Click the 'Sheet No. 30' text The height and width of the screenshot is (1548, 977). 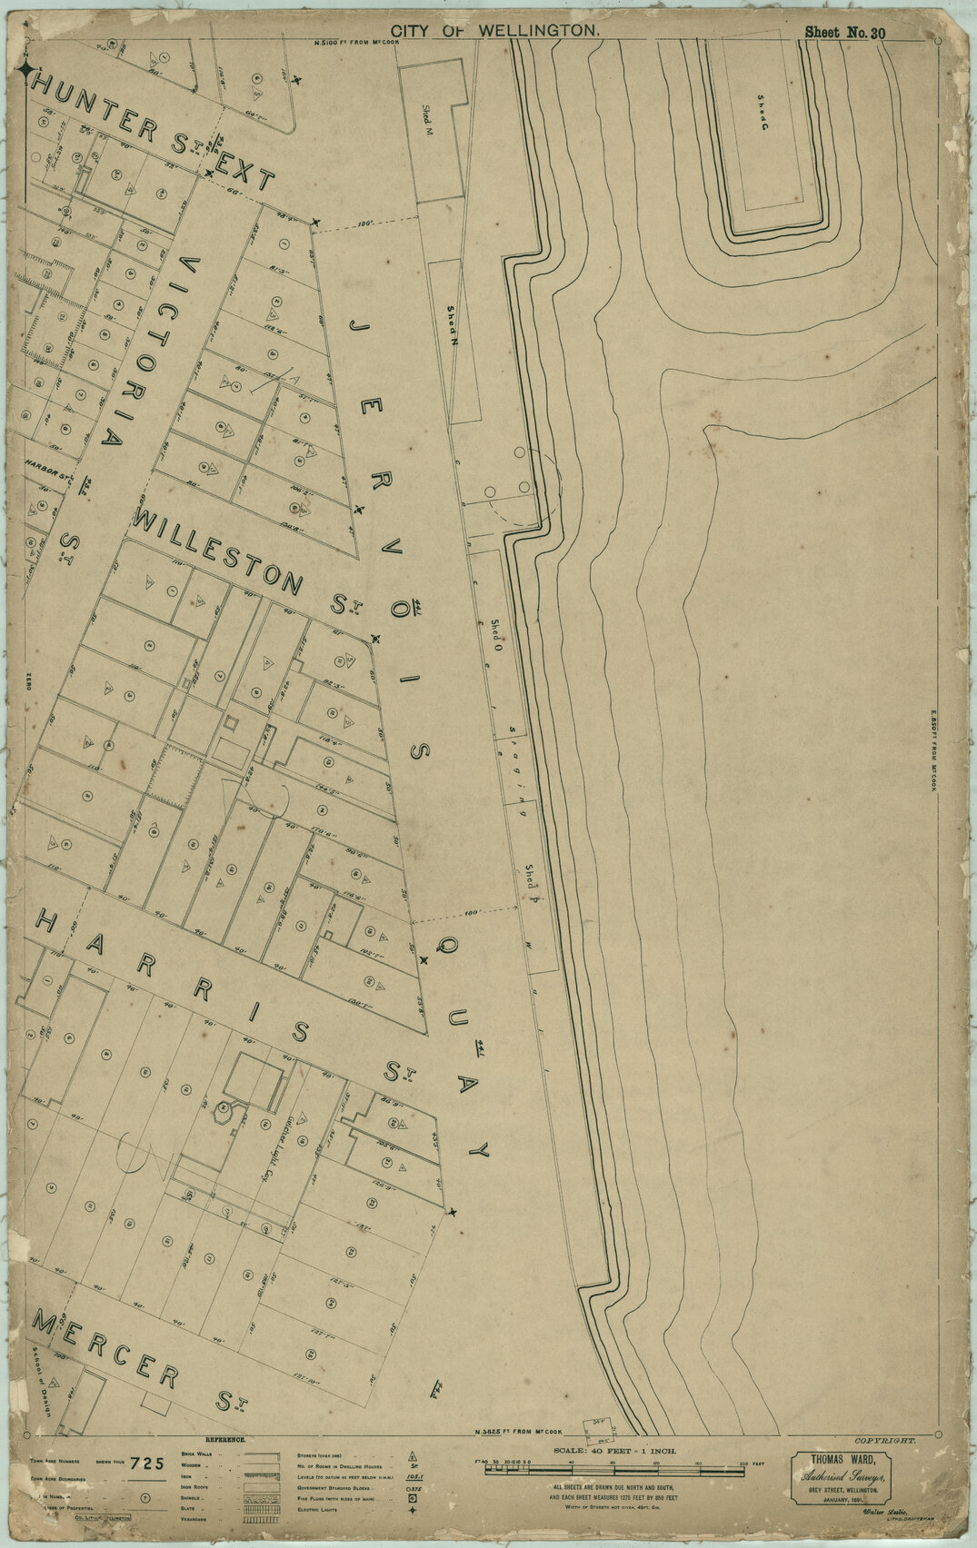(x=844, y=33)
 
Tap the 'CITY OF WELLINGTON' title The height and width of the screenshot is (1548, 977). (x=495, y=31)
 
